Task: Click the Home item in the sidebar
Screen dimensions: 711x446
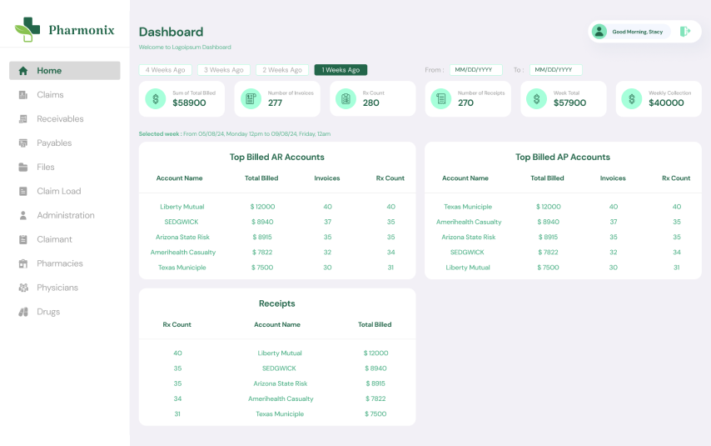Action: pos(64,70)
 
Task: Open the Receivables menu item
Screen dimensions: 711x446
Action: pos(60,119)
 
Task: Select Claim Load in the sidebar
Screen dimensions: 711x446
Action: pos(58,191)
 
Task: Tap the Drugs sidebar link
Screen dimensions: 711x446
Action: pos(48,312)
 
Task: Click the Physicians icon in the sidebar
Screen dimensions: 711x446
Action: pos(23,288)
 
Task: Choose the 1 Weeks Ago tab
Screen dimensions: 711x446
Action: pos(341,70)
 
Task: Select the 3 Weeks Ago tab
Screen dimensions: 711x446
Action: pos(224,70)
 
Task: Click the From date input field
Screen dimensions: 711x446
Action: pos(476,70)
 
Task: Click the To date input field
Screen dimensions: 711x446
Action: pos(556,70)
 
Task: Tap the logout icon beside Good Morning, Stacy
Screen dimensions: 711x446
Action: pos(685,32)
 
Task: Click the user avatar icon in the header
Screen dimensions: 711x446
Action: pos(599,32)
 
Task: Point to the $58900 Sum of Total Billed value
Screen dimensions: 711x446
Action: pos(189,103)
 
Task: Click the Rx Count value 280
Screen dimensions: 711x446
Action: pos(371,103)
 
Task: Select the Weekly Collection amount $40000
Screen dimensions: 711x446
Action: pos(666,103)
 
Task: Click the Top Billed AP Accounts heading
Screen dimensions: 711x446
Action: pos(563,158)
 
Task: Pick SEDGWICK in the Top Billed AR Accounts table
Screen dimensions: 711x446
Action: pos(181,222)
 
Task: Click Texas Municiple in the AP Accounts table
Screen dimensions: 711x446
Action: pos(468,207)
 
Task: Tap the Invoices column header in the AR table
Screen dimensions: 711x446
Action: pos(327,178)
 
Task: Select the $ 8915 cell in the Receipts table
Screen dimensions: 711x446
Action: pos(375,383)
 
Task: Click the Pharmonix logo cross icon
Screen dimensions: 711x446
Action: pos(27,29)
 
